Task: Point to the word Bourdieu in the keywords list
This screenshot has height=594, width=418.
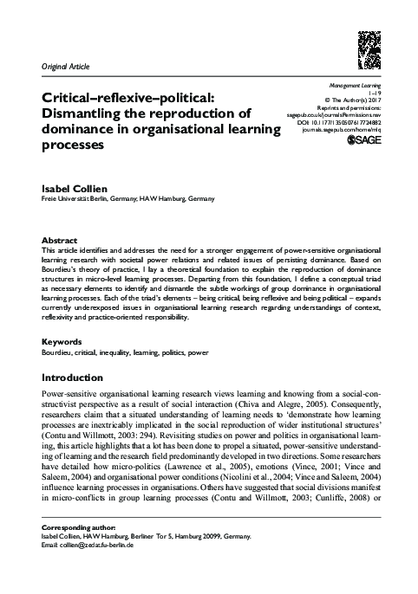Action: click(x=57, y=353)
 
